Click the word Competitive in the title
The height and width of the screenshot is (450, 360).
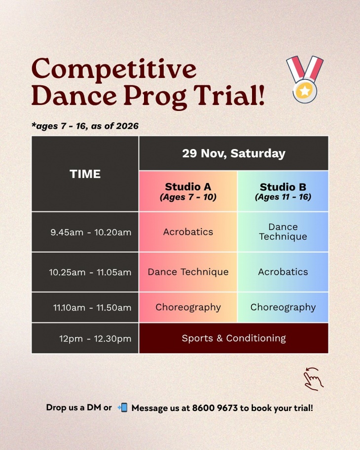114,70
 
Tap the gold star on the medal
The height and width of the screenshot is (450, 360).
304,91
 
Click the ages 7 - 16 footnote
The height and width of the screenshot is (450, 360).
85,126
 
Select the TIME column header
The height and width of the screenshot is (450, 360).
85,174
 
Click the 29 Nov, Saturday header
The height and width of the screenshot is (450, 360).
234,153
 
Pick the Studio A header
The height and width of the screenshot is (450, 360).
188,191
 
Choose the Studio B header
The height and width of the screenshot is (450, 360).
283,191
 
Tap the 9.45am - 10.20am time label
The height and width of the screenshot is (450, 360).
91,232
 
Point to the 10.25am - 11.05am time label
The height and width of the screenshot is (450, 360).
90,272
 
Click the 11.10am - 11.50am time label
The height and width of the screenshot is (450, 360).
92,308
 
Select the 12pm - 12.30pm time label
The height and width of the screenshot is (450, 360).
95,338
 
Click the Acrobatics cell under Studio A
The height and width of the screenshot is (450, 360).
188,232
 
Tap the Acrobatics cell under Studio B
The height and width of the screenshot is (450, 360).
283,272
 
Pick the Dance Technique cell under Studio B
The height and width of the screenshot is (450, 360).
283,231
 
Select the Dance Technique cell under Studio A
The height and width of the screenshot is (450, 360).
188,272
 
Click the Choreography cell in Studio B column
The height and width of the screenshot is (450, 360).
283,307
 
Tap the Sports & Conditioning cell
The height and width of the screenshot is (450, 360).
234,338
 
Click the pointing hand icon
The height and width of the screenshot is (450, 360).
314,379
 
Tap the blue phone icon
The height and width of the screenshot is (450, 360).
123,407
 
